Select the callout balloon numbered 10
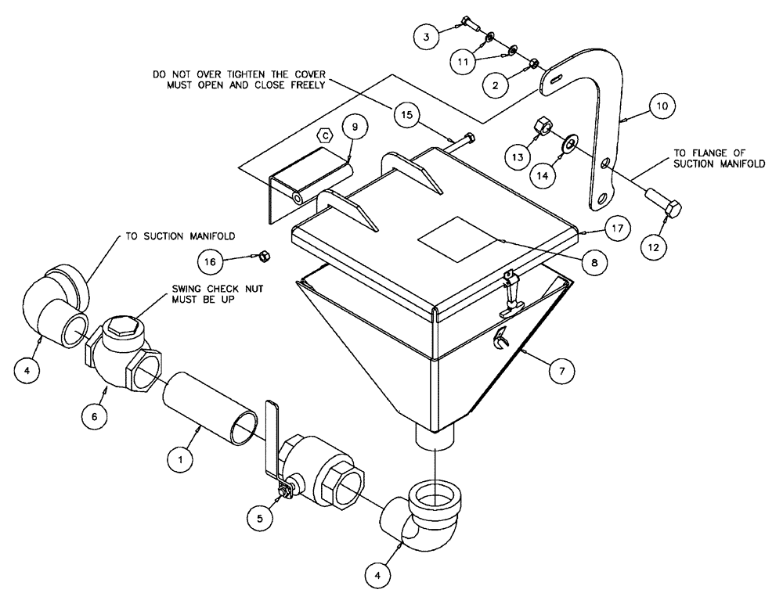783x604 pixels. (662, 104)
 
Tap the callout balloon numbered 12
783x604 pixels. (654, 247)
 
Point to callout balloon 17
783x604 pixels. (618, 229)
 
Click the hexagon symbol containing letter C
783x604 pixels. (326, 135)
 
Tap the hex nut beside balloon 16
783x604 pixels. (265, 255)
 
